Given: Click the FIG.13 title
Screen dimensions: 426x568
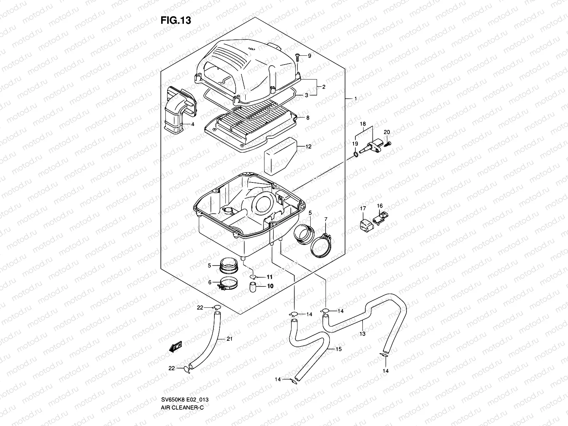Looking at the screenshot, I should (x=176, y=20).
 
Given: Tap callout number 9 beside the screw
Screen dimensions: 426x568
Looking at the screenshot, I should (x=309, y=56).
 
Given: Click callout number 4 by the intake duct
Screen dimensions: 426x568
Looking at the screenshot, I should (x=192, y=124).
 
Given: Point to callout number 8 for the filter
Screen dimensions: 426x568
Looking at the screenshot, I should (x=307, y=118).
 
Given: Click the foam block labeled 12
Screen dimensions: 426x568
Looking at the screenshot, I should (x=279, y=155).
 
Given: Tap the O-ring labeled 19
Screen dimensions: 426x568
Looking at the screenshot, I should (x=356, y=154).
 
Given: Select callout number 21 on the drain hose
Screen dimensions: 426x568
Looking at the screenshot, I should (x=229, y=339).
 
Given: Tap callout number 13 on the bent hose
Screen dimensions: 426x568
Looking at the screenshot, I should (x=362, y=334).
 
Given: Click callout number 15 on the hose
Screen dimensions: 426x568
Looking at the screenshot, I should (x=338, y=349).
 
